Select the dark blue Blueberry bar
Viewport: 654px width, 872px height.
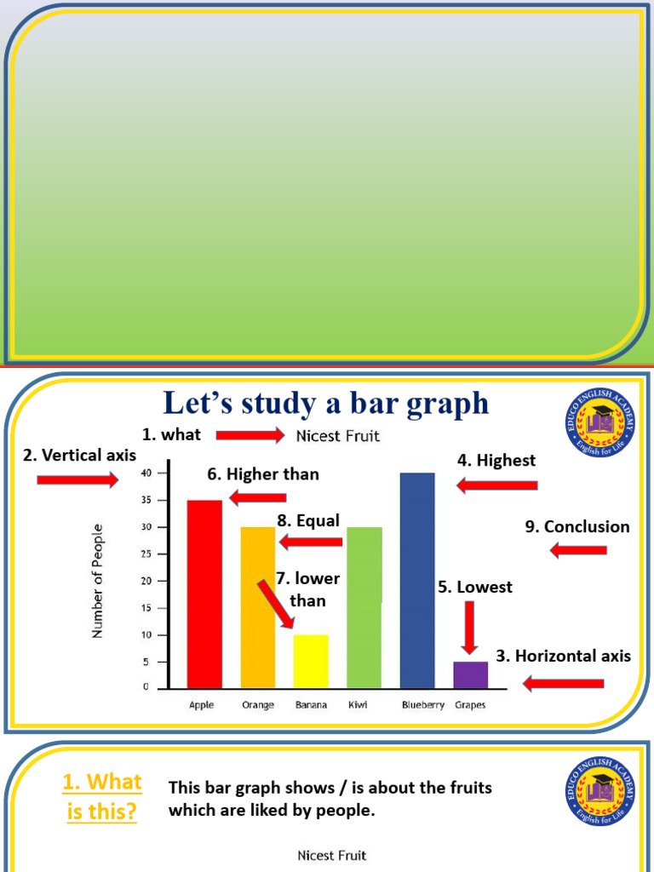point(417,580)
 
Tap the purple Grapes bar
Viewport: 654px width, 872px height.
point(470,674)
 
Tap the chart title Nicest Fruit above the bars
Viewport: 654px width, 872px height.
point(338,437)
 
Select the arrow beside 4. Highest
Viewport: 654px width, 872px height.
point(497,485)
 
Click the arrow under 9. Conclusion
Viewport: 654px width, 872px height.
point(578,550)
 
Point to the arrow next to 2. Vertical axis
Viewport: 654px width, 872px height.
point(77,480)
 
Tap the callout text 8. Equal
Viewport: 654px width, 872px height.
point(307,520)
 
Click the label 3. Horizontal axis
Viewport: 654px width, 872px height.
point(564,656)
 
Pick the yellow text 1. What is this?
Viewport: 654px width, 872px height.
point(102,796)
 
